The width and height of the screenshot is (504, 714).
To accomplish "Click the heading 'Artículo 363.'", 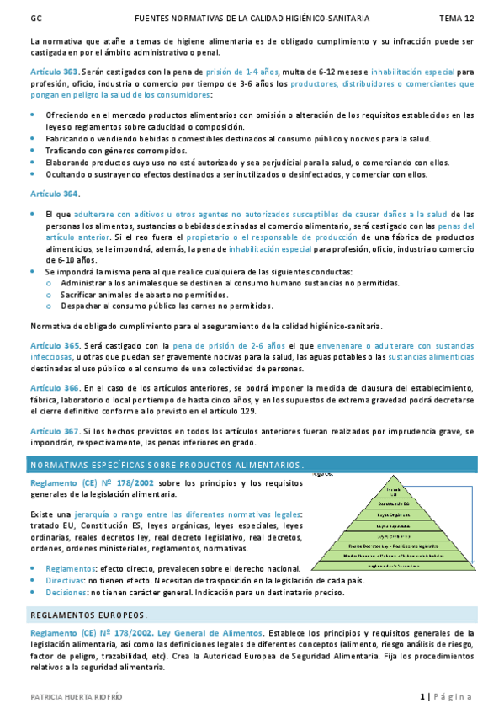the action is pos(55,72).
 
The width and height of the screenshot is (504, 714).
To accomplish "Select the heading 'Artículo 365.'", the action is pos(55,345).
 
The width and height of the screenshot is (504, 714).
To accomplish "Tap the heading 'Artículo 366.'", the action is pos(55,387).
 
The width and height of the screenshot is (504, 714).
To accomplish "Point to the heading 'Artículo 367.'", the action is pos(55,430).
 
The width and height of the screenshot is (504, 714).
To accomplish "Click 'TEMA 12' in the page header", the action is pos(457,17).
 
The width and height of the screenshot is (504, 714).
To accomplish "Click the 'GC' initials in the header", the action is pos(35,17).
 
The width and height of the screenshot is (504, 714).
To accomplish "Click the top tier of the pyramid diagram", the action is pos(392,491).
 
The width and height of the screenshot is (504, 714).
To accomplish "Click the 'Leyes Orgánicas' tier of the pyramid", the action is pos(392,514).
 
